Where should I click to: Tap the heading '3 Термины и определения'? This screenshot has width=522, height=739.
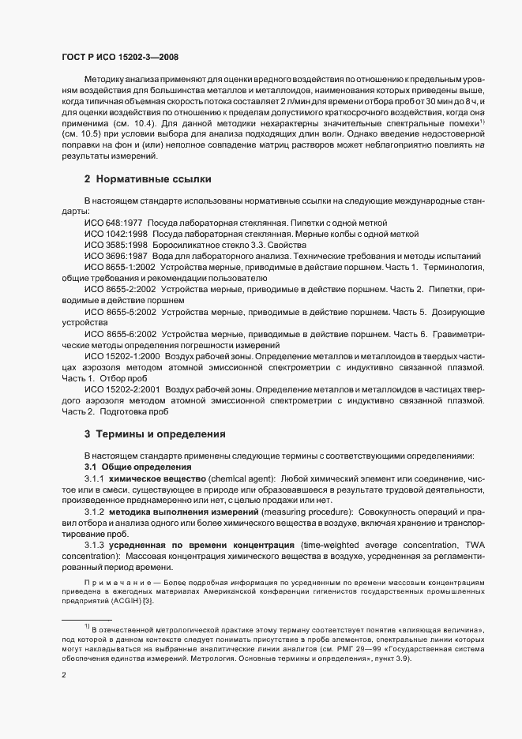point(155,434)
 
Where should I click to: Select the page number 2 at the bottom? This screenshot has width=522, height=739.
point(64,675)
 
